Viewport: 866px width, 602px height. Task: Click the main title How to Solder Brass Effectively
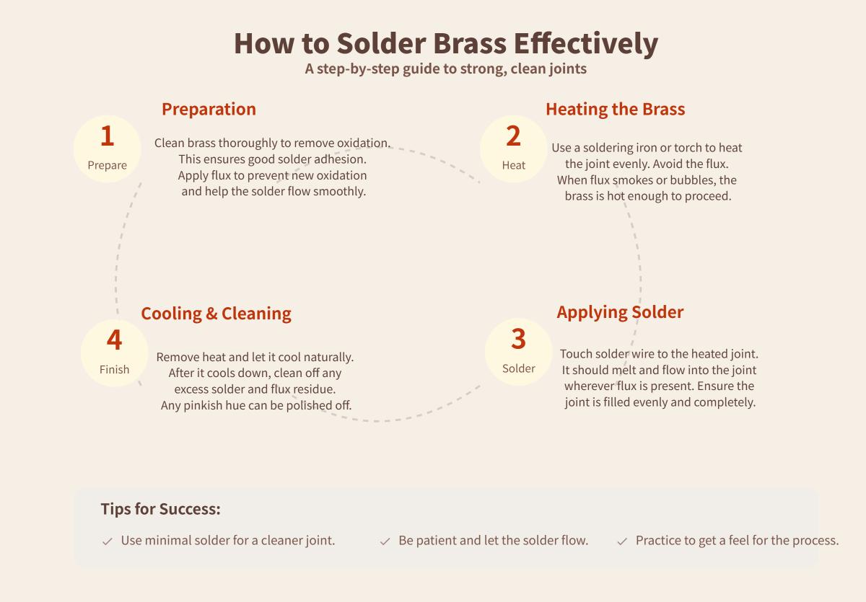tap(445, 43)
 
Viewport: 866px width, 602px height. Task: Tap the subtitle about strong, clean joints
tap(445, 69)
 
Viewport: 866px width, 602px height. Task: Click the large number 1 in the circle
tap(107, 136)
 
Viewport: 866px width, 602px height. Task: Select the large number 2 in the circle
tap(513, 136)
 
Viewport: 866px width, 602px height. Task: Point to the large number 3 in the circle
tap(518, 339)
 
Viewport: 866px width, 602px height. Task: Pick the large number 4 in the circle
tap(114, 340)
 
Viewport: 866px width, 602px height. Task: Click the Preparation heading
tap(209, 109)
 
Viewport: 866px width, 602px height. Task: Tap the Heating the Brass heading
tap(615, 109)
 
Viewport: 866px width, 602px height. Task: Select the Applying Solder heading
tap(620, 312)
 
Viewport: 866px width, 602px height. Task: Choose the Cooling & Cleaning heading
tap(216, 314)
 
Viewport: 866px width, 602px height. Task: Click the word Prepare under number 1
tap(107, 165)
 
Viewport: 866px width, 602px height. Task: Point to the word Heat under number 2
tap(513, 165)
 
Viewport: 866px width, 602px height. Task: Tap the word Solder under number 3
tap(518, 368)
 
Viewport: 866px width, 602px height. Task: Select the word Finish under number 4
tap(114, 370)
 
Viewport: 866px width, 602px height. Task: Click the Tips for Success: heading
tap(160, 509)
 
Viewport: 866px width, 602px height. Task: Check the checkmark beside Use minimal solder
tap(108, 541)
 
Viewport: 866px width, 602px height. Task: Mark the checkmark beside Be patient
tap(385, 541)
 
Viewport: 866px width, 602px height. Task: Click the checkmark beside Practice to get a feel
tap(622, 541)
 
